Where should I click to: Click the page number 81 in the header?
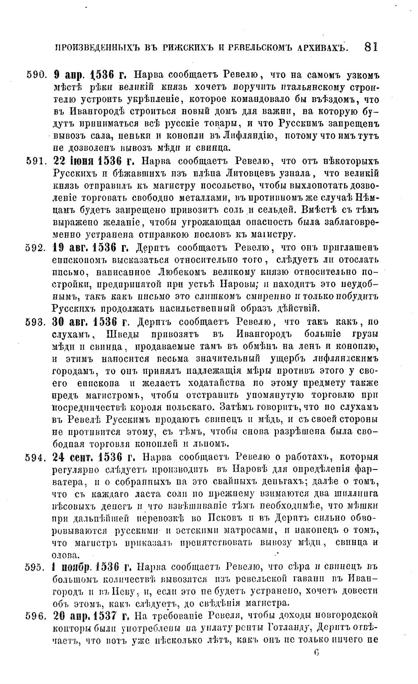point(371,47)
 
